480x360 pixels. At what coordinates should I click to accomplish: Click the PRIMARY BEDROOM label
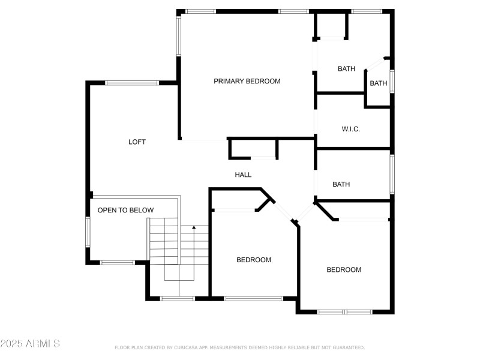247,81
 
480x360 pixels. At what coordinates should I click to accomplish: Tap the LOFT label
137,142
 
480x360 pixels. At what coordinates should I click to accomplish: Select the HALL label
243,175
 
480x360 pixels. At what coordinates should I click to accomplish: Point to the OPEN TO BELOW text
125,210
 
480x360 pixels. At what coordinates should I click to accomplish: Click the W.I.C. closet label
350,129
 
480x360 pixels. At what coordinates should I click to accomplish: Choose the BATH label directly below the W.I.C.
341,184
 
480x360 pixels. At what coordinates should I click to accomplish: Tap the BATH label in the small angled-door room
378,83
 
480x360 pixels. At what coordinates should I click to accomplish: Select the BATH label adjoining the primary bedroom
346,69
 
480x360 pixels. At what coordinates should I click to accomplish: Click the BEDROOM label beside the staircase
253,260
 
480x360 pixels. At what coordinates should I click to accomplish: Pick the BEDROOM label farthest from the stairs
344,269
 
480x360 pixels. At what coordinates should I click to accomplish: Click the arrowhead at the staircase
193,228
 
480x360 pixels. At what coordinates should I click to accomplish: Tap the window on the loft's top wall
132,83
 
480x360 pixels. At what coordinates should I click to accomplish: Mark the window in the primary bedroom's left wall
178,36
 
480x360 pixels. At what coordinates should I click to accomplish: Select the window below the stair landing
178,298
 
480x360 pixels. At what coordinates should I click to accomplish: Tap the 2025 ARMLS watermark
30,344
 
